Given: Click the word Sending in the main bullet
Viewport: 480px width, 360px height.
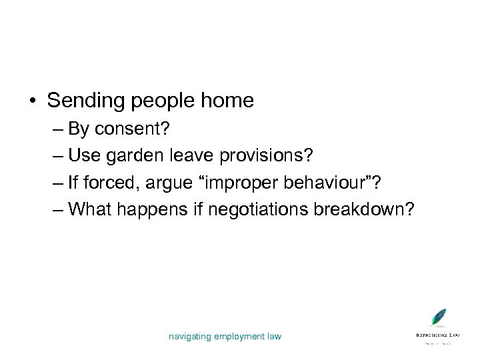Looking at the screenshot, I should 83,101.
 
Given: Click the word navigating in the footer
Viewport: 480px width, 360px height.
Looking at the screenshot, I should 193,337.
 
